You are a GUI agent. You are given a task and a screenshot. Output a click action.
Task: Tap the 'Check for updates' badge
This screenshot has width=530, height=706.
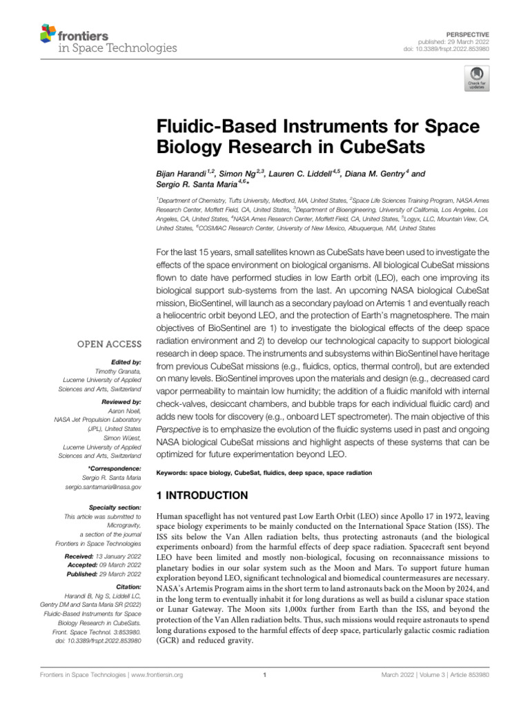tap(475, 79)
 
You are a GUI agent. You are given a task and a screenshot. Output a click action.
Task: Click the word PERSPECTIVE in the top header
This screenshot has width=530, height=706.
tap(469, 33)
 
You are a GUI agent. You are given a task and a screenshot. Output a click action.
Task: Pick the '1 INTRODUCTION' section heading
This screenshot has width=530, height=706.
tap(202, 495)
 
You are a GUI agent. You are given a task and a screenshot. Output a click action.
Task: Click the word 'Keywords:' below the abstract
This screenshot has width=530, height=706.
tap(173, 473)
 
